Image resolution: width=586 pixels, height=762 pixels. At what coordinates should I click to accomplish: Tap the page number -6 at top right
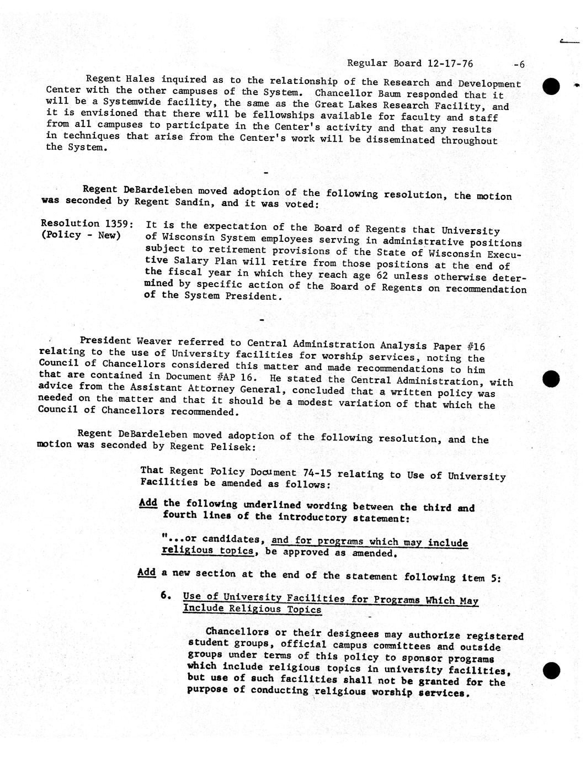pos(519,65)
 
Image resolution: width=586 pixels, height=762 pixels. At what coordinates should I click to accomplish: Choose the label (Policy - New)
pos(81,236)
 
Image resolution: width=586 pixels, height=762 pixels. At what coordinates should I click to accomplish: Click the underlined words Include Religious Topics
pos(252,609)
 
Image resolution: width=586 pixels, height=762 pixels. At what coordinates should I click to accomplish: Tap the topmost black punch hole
pos(551,86)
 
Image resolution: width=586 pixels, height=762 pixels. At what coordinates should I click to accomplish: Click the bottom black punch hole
pos(551,670)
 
